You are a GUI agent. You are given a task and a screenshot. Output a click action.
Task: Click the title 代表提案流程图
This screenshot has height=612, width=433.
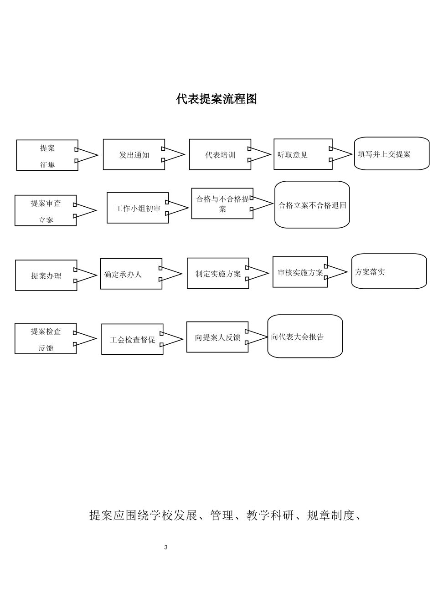[216, 99]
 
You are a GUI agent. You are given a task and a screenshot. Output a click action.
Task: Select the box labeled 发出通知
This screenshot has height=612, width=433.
[134, 155]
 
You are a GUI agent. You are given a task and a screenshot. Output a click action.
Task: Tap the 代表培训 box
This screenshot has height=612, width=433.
[220, 155]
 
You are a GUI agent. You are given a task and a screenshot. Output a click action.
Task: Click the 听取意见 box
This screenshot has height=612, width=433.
[303, 154]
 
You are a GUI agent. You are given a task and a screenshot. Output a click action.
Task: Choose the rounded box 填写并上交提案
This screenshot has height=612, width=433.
[392, 154]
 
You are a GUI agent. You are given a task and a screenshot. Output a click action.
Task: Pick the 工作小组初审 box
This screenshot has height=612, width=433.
[137, 208]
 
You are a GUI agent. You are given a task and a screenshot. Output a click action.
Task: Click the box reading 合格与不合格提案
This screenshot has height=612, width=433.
[222, 204]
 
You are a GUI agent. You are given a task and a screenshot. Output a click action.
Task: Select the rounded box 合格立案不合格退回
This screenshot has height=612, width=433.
[312, 205]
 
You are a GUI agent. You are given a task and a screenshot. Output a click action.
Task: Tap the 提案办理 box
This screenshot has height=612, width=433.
[46, 275]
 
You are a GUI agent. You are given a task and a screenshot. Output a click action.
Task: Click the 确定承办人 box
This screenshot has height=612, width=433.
[131, 274]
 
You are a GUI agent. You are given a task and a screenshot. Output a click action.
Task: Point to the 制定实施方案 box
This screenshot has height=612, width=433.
[217, 274]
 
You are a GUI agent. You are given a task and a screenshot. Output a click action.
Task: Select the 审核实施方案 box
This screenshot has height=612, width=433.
[299, 272]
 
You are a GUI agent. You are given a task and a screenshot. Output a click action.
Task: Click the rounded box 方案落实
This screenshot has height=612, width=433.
[389, 271]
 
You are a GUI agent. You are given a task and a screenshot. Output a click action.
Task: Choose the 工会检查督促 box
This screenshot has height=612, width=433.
[132, 340]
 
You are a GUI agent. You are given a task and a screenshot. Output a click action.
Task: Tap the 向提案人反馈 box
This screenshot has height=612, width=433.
[217, 337]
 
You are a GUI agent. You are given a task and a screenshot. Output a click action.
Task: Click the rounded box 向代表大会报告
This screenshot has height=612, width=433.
[304, 337]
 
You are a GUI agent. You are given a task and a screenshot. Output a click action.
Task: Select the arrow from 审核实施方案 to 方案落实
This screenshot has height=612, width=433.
[336, 272]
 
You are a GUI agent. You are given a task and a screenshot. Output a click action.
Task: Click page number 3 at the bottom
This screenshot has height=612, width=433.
[166, 547]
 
